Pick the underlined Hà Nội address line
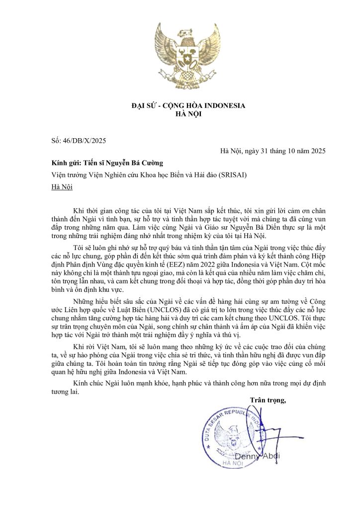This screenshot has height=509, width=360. coord(62,187)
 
